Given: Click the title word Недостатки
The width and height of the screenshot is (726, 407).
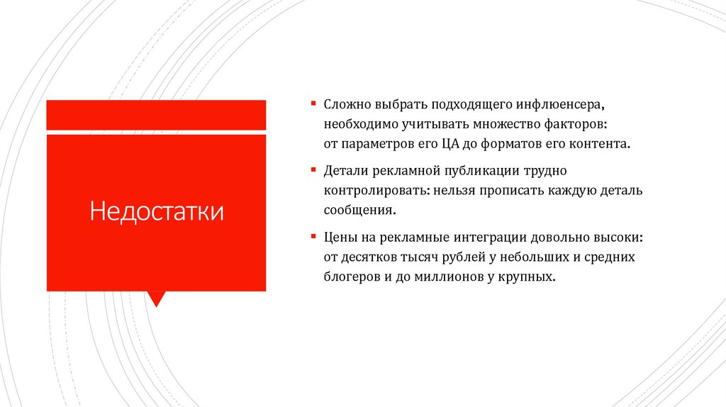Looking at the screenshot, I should [157, 211].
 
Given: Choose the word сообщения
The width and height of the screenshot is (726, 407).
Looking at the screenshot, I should [357, 211].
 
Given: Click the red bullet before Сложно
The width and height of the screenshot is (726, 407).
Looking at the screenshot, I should [313, 104].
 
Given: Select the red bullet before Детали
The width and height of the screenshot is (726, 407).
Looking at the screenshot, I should [313, 169].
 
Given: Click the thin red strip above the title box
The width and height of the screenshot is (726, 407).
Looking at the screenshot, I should [156, 115].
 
